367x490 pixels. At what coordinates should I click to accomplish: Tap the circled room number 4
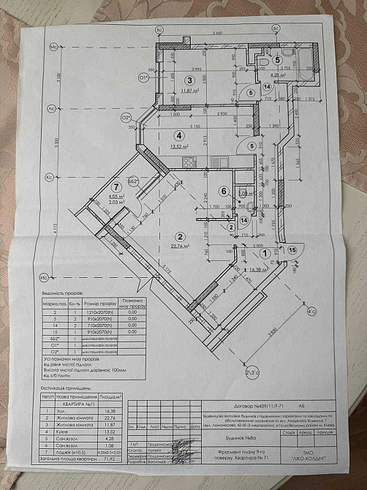[178, 135]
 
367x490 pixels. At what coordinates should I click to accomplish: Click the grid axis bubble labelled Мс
[53, 48]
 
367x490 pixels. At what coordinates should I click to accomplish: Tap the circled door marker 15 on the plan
[292, 251]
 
